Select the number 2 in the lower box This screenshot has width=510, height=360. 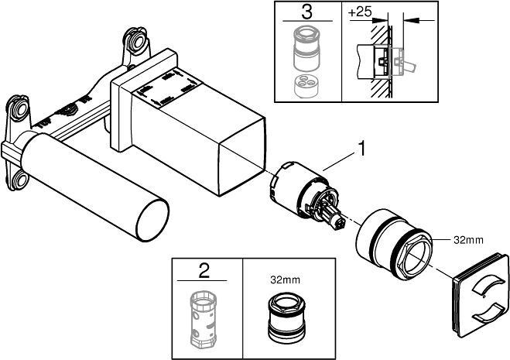click(204, 270)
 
